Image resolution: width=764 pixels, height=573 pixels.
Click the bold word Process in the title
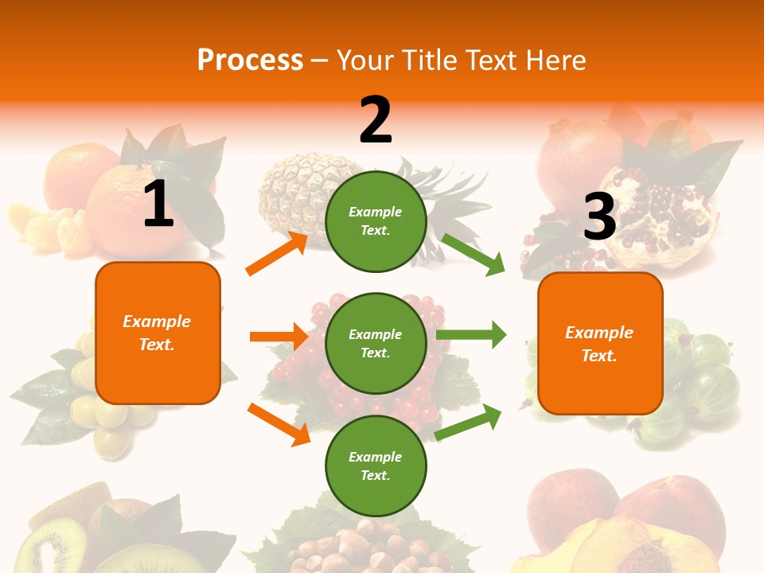tap(250, 60)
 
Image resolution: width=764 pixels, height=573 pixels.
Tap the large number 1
tap(158, 204)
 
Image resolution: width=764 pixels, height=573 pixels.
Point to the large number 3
tap(599, 217)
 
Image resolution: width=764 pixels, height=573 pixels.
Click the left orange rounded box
tap(158, 333)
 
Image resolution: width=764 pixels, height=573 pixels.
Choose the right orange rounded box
tap(600, 343)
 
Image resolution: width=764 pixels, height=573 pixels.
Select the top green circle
tap(376, 221)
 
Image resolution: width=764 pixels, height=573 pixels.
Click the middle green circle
tap(376, 343)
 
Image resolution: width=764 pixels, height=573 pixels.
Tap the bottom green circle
tap(376, 466)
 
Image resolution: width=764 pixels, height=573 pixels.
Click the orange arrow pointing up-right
tap(277, 254)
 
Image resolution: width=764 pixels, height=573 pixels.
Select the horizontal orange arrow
tap(279, 337)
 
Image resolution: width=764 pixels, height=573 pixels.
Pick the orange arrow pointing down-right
tap(279, 424)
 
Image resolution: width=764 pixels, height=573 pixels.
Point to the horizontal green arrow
tap(470, 334)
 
